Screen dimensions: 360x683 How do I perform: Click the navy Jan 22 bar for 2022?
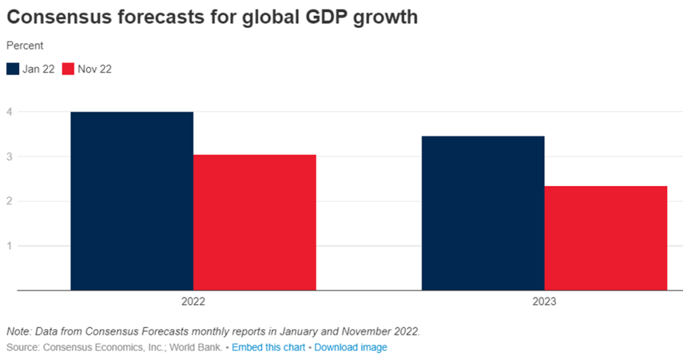pos(132,201)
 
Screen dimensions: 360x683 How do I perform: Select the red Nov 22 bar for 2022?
pos(255,223)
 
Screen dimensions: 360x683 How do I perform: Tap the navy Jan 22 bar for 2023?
pos(483,213)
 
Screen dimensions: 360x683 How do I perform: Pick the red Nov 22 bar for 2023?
pos(606,238)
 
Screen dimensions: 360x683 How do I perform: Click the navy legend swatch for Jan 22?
pos(13,69)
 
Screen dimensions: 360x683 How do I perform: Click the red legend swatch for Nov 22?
pos(68,69)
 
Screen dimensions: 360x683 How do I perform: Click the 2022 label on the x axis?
pos(193,302)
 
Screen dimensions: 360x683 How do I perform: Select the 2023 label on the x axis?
pos(544,302)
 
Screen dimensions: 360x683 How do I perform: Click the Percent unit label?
pos(25,46)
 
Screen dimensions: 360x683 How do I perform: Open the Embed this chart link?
pos(268,347)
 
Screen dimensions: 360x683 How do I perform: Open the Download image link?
pos(351,347)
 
